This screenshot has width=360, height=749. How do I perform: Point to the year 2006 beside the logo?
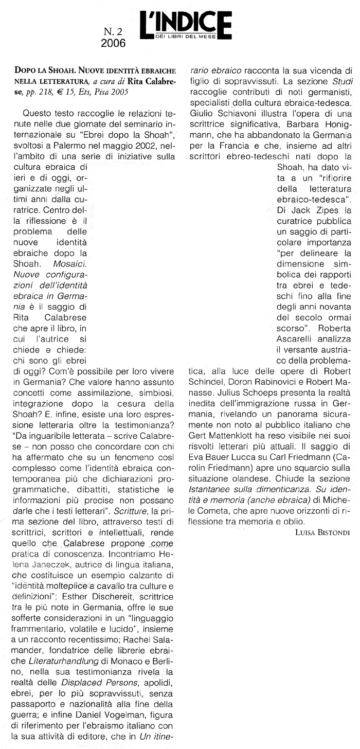tap(113, 44)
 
